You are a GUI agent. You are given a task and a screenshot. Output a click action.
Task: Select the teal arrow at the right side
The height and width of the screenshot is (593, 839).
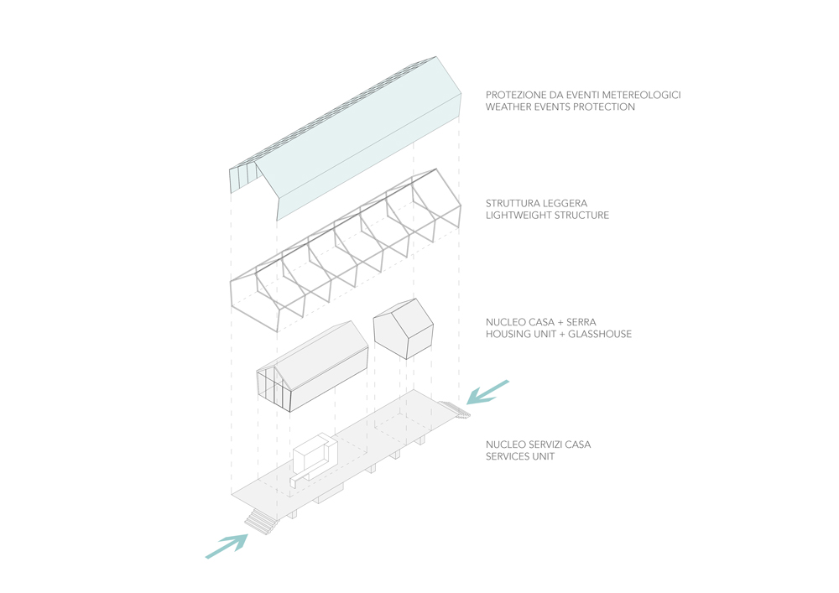tap(488, 392)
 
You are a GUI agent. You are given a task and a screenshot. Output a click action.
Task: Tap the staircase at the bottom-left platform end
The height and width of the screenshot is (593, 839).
tap(261, 523)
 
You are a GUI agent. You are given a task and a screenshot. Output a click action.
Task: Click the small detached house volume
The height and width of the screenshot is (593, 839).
tap(402, 328)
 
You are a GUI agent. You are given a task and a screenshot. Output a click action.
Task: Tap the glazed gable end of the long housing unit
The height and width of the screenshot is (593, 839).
tap(272, 388)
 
